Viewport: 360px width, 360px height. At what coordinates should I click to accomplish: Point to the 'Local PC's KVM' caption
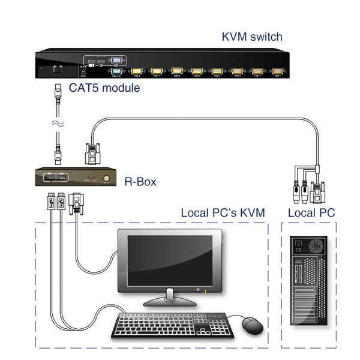tap(223, 213)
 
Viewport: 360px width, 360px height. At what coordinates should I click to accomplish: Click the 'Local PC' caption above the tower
tap(311, 213)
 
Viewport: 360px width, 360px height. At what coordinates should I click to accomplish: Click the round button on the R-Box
tap(107, 178)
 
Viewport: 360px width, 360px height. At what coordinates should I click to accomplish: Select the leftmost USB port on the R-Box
tap(47, 178)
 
